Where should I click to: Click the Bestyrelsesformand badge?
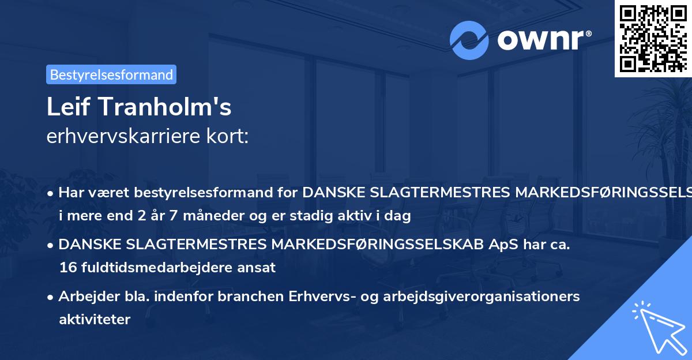(x=111, y=74)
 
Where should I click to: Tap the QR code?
(x=653, y=38)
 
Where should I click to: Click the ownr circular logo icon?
(x=469, y=40)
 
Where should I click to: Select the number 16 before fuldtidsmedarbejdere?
(x=66, y=267)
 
